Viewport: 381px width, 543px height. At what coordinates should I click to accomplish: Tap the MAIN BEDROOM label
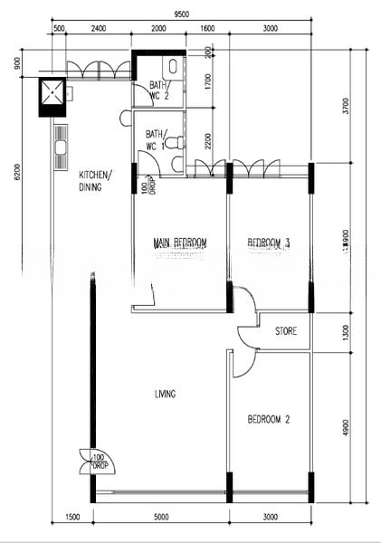coord(180,243)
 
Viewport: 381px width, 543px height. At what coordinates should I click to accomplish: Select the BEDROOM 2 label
coord(268,419)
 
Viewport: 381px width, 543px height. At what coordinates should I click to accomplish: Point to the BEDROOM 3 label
coord(269,243)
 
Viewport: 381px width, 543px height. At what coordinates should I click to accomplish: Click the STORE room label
coord(286,332)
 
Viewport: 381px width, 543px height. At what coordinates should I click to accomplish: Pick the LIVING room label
coord(164,394)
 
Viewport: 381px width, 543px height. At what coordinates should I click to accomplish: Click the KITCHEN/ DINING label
coord(95,181)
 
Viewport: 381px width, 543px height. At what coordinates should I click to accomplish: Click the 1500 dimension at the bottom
coord(72,518)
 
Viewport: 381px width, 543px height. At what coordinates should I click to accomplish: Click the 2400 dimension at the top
coord(99,29)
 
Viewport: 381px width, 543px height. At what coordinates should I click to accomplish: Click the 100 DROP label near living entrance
coord(97,462)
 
